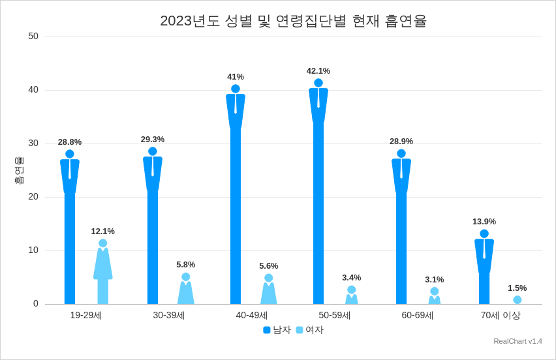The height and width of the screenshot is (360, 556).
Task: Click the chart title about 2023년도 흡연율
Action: (293, 21)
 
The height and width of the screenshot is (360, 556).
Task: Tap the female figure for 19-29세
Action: (103, 274)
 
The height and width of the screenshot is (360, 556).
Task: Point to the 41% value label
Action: (236, 77)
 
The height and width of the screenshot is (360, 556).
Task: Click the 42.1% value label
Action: (318, 71)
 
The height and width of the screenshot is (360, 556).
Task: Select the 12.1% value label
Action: (103, 232)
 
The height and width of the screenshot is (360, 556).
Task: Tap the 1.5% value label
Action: (517, 288)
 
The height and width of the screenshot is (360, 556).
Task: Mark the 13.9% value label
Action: (484, 222)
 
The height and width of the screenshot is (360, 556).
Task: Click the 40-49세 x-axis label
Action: (252, 316)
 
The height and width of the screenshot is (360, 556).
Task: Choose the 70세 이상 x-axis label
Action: (501, 316)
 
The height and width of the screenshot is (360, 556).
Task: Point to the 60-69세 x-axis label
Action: (418, 316)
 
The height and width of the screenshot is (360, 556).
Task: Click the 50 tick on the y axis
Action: (33, 37)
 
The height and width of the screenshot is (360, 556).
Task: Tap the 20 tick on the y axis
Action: (33, 197)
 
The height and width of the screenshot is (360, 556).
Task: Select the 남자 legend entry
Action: (277, 330)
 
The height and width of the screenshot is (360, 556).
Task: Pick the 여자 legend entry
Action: (310, 330)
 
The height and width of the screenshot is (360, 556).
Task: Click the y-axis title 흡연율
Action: (19, 170)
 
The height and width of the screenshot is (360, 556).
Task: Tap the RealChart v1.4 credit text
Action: (517, 341)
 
